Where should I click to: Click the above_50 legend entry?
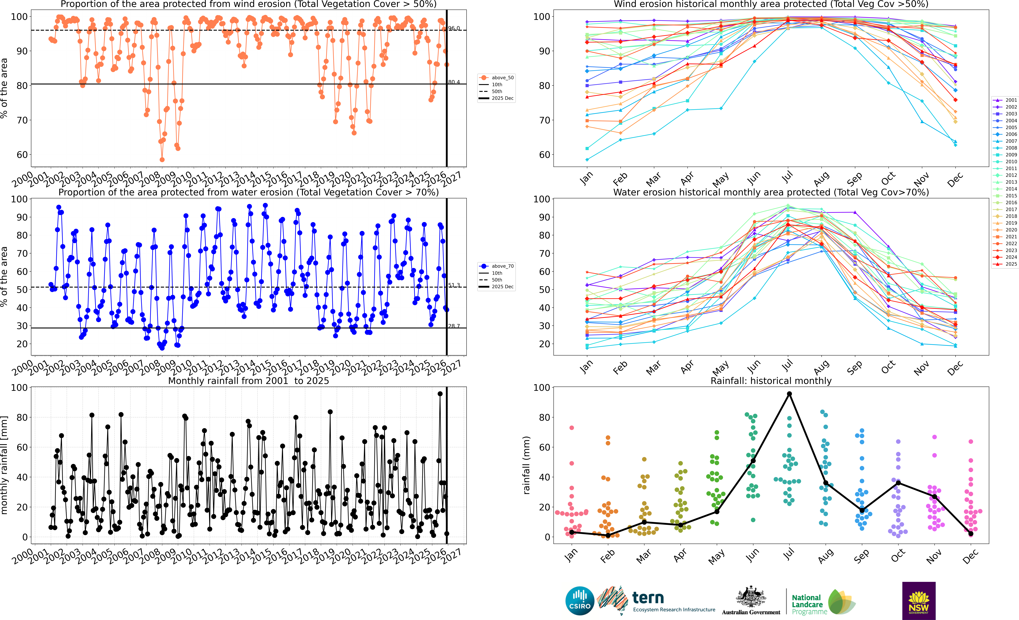click(x=497, y=78)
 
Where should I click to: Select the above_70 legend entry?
click(x=497, y=266)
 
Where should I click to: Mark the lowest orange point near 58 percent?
click(x=162, y=160)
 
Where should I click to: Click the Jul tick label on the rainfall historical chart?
click(x=789, y=554)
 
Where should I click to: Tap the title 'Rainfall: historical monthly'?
click(x=771, y=381)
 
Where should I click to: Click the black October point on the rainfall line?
click(x=898, y=483)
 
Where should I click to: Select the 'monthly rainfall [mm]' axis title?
click(x=4, y=465)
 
